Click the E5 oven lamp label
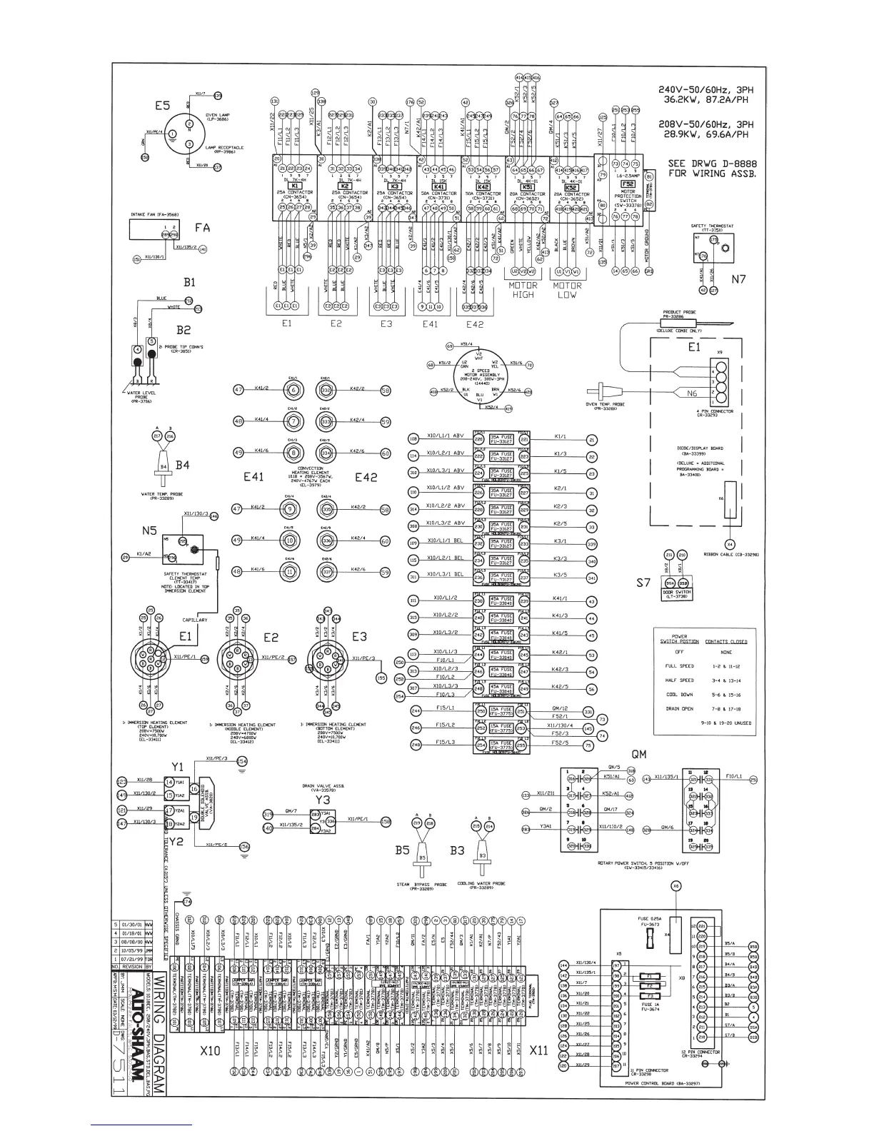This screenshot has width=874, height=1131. pyautogui.click(x=162, y=106)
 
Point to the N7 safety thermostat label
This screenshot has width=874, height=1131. pyautogui.click(x=738, y=279)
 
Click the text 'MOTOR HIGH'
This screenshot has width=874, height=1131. pyautogui.click(x=523, y=290)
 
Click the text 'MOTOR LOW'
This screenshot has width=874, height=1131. pyautogui.click(x=568, y=290)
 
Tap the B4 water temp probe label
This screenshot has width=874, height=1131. pyautogui.click(x=183, y=466)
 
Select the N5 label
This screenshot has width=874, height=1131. pyautogui.click(x=149, y=531)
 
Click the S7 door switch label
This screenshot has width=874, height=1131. pyautogui.click(x=643, y=583)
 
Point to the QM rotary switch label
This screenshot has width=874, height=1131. pyautogui.click(x=639, y=754)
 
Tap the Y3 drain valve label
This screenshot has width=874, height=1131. pyautogui.click(x=323, y=800)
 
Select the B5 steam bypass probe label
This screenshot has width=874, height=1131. pyautogui.click(x=402, y=850)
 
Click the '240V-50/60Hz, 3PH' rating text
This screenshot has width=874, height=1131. pyautogui.click(x=706, y=91)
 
